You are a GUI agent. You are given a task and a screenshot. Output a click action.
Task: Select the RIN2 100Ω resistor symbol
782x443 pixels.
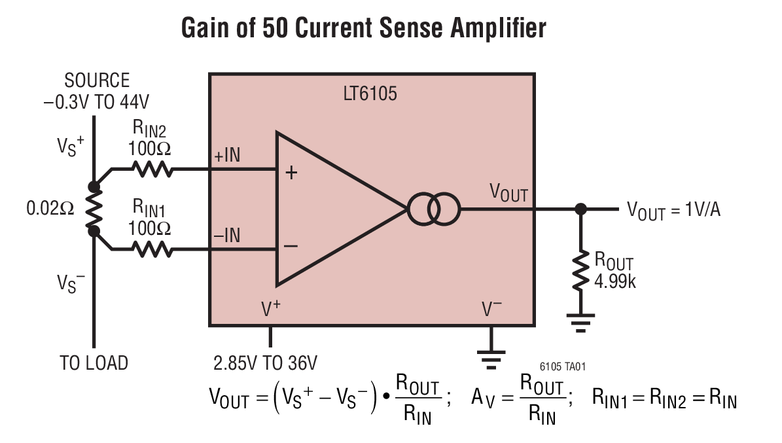(152, 169)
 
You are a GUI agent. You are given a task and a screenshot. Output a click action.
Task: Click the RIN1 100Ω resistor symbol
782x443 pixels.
(152, 249)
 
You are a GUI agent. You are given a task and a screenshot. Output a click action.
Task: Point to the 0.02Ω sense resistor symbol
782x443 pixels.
(94, 209)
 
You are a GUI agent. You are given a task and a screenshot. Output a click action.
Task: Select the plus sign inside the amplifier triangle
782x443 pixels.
(291, 173)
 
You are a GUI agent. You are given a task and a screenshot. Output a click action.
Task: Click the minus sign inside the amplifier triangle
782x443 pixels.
(291, 246)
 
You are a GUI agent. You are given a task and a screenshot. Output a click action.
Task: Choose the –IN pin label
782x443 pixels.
(227, 235)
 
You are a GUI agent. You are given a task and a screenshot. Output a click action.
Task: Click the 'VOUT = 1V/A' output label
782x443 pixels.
(673, 211)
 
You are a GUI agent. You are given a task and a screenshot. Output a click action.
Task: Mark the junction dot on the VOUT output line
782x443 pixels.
(580, 209)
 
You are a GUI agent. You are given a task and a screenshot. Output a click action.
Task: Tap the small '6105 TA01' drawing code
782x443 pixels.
(567, 368)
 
